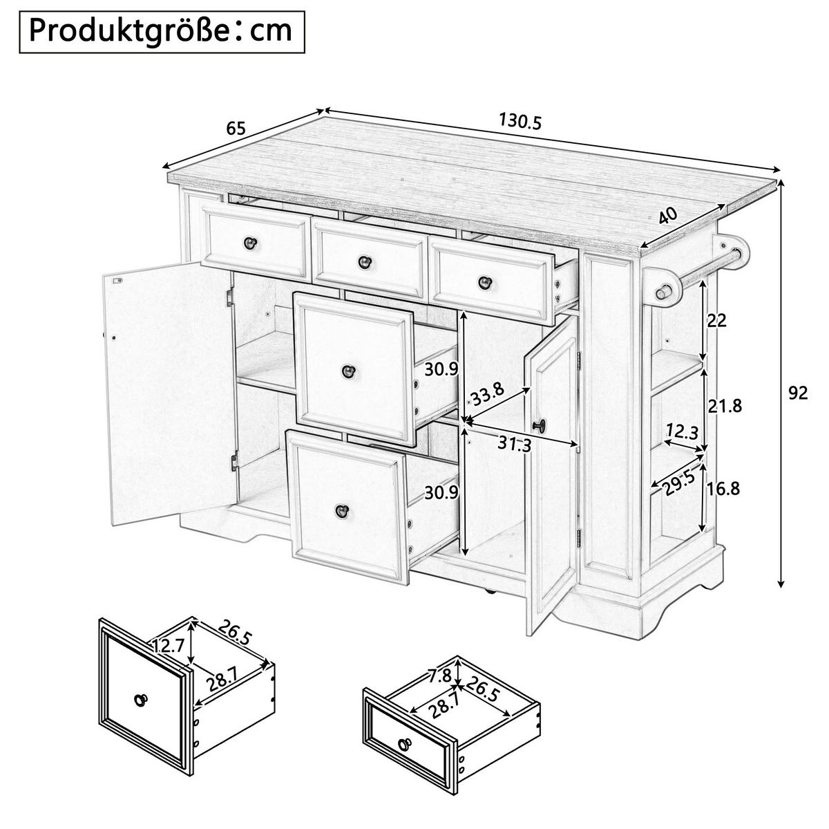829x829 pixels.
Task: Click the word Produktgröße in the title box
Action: point(128,31)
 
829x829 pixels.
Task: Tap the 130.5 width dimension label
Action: point(520,121)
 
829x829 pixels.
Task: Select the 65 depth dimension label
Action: point(236,128)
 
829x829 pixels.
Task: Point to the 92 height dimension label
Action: point(798,393)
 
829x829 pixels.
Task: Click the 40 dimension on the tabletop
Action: point(667,215)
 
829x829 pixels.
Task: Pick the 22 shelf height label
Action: point(716,320)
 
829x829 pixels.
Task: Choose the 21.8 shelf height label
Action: point(725,406)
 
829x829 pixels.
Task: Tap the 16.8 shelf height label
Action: point(723,489)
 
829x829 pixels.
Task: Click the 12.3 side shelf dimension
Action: point(683,431)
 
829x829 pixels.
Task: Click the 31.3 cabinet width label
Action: point(515,444)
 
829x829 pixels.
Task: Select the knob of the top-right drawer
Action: point(485,282)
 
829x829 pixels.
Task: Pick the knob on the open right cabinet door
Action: point(540,425)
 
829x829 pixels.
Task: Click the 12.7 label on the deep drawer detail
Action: point(168,646)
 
